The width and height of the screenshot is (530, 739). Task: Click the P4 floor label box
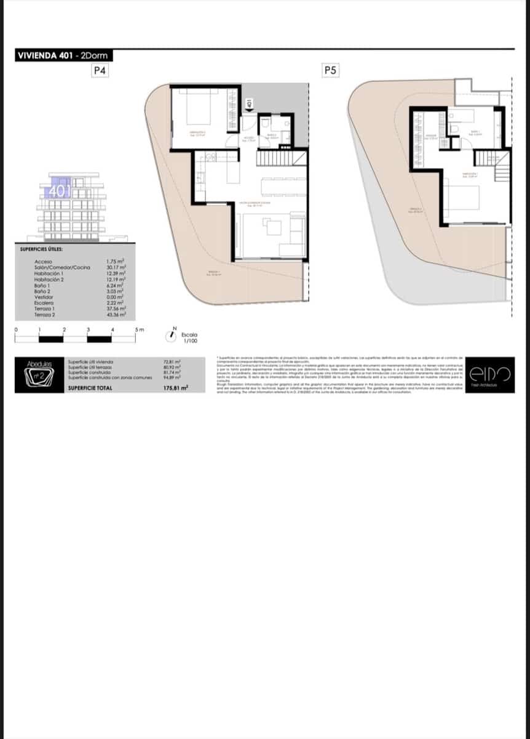(x=100, y=71)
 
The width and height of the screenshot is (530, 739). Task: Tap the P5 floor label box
(x=330, y=71)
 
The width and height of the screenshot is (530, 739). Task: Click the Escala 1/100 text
(x=189, y=338)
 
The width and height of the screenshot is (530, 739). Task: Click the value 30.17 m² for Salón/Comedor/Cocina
(x=116, y=267)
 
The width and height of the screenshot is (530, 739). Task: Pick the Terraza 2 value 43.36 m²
(x=116, y=315)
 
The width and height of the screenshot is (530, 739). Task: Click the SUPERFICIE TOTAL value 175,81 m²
(x=175, y=389)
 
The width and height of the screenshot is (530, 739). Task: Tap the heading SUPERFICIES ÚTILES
(x=41, y=249)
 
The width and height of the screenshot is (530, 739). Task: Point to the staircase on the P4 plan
(x=281, y=159)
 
